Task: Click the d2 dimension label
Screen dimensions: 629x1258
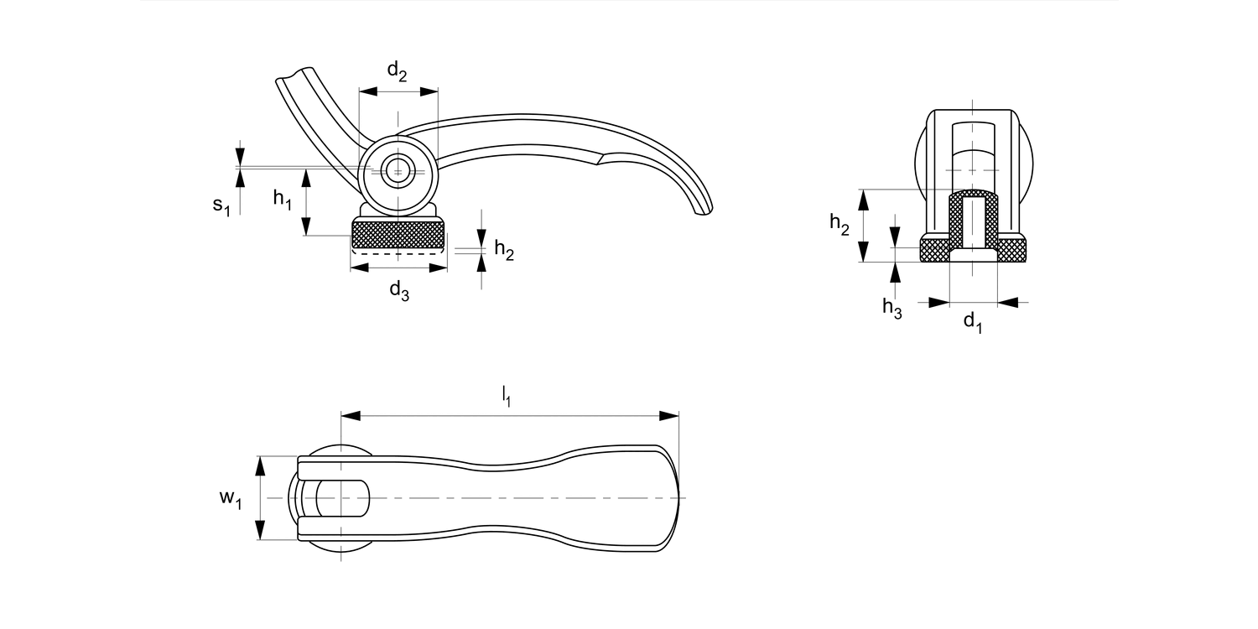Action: point(397,72)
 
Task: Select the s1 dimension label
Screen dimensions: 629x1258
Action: point(221,205)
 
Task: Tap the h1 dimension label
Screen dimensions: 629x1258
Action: point(282,200)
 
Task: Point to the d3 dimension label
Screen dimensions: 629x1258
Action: point(398,291)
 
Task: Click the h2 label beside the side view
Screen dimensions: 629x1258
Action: point(503,249)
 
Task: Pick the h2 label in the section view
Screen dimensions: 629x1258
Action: point(840,223)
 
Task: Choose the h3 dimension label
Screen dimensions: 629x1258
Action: point(892,308)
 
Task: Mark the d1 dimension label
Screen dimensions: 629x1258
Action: point(972,321)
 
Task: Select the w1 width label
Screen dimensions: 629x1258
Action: point(231,499)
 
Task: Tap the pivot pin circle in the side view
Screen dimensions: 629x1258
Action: point(398,170)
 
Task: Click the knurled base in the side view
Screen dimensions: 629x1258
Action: point(398,234)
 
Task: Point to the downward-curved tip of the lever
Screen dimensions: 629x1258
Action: point(701,211)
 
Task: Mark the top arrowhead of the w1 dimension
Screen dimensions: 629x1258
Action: point(260,465)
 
